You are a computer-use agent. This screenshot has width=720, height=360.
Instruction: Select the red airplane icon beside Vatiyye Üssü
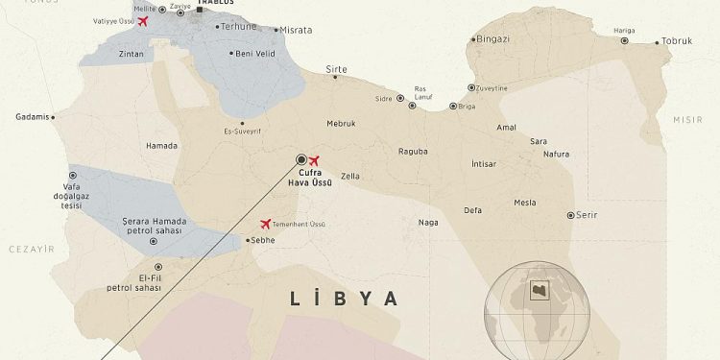(144, 21)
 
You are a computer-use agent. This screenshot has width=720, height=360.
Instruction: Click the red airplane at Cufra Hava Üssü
(314, 160)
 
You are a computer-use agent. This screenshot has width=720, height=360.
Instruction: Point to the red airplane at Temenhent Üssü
(265, 224)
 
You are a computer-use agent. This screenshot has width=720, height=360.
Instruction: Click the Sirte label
(336, 69)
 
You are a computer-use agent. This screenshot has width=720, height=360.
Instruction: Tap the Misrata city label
(295, 31)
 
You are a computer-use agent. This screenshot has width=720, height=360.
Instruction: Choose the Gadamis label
(32, 117)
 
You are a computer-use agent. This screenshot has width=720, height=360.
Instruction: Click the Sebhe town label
(262, 240)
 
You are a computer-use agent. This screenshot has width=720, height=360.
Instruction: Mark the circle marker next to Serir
(570, 215)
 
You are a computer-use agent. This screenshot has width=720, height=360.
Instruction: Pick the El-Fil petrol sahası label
(133, 282)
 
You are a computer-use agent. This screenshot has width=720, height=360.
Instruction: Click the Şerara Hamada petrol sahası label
(155, 227)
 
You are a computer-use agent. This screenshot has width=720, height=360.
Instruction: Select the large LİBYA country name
(344, 299)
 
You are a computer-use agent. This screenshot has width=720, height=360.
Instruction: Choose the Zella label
(349, 177)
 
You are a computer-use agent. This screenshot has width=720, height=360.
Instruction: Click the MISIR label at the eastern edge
(687, 119)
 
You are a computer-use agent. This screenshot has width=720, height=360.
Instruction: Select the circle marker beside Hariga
(625, 40)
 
